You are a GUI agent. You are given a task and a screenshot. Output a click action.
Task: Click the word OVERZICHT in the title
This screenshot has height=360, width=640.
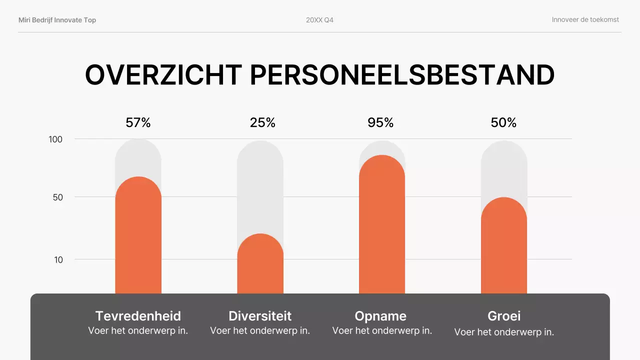[x=163, y=75]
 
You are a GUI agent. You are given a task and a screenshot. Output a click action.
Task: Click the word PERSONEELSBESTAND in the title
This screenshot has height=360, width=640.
[x=402, y=75]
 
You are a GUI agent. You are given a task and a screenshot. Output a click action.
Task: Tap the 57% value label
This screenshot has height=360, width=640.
[x=138, y=122]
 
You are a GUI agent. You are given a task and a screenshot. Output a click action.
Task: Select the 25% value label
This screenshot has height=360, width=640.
[x=262, y=122]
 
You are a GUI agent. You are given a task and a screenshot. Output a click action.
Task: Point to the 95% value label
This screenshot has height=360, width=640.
[x=380, y=122]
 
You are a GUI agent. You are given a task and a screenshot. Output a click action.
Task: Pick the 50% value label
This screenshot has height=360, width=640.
[x=503, y=122]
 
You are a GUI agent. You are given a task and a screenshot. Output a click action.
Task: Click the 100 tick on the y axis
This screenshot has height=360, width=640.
[x=55, y=139]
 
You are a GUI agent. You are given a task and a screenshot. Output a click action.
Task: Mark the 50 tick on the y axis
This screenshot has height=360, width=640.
[x=57, y=197]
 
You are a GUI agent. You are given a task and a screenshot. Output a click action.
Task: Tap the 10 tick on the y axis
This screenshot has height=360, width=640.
[x=58, y=259]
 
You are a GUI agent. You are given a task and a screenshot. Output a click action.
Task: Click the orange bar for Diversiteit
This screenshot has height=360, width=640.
[x=260, y=265]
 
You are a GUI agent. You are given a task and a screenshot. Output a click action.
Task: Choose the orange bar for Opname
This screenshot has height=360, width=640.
[x=382, y=225]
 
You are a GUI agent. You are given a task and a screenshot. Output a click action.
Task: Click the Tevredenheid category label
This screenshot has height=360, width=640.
[x=138, y=316]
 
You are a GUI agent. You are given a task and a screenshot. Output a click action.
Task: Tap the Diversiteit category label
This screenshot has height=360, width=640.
[x=260, y=316]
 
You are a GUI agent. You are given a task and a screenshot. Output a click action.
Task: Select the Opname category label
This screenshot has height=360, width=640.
[x=380, y=316]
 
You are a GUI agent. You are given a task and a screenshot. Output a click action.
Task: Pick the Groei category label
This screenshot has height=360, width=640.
[x=504, y=316]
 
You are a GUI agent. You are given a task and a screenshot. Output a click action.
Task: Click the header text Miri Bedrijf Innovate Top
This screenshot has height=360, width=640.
[x=57, y=20]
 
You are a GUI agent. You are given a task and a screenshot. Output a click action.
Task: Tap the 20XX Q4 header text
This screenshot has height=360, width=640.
[x=319, y=20]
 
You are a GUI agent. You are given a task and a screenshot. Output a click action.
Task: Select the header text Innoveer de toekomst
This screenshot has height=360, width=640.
[x=585, y=20]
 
